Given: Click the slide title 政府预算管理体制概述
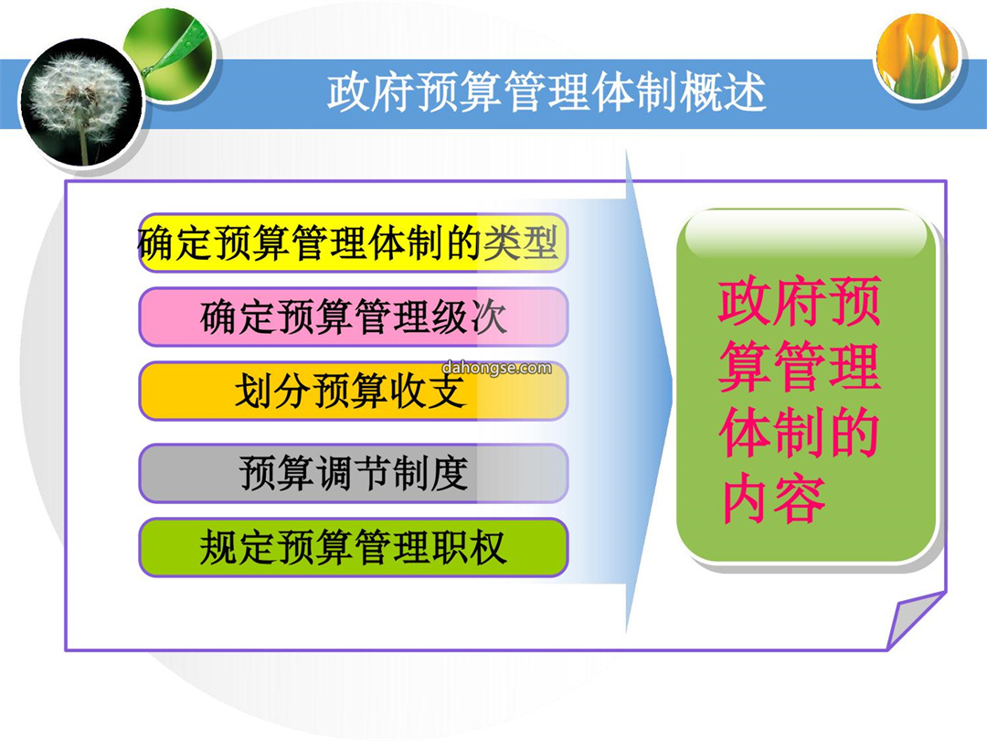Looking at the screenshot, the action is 547,92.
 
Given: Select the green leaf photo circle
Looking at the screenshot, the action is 170,56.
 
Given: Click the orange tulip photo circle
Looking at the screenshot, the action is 918,58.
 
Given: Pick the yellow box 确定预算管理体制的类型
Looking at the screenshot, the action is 353,243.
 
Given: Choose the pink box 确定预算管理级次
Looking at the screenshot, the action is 353,317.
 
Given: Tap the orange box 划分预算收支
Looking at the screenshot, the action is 353,391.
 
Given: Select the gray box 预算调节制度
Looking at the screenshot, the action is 353,473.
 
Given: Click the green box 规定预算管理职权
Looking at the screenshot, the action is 353,547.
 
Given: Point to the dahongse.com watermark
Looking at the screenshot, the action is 496,368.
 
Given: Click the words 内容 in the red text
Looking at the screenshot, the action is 774,500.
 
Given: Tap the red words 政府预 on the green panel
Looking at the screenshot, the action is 800,301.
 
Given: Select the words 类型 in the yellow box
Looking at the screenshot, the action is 521,243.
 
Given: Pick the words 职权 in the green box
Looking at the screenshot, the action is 469,547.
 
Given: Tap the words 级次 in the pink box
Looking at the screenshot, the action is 469,317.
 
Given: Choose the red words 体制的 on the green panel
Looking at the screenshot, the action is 800,433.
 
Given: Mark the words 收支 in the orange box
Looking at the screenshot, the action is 429,391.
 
